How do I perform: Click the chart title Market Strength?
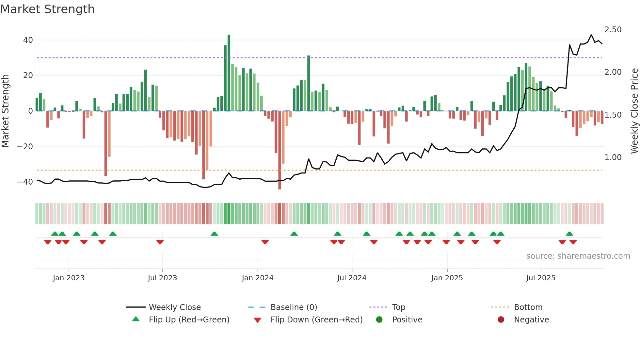click(x=47, y=9)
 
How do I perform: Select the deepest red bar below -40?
click(x=280, y=150)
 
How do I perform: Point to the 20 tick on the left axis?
click(x=28, y=75)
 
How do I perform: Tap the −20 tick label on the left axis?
click(x=25, y=146)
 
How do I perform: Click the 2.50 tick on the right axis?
click(x=613, y=30)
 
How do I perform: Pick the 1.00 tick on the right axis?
click(x=613, y=157)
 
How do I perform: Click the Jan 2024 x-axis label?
click(x=258, y=278)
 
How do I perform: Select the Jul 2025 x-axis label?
click(x=541, y=278)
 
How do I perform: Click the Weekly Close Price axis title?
click(x=634, y=111)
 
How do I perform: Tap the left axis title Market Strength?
click(x=5, y=111)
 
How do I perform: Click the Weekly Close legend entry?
click(x=175, y=307)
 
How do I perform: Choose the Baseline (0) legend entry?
click(x=294, y=307)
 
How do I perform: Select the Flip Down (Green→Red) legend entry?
click(x=316, y=320)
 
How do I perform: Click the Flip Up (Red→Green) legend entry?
click(x=189, y=320)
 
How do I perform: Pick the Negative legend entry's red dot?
click(x=501, y=320)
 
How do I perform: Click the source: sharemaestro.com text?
click(x=578, y=256)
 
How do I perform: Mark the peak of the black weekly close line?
click(x=591, y=35)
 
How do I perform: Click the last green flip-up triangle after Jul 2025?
click(x=569, y=234)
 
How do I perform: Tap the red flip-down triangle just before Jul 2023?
click(x=160, y=242)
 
